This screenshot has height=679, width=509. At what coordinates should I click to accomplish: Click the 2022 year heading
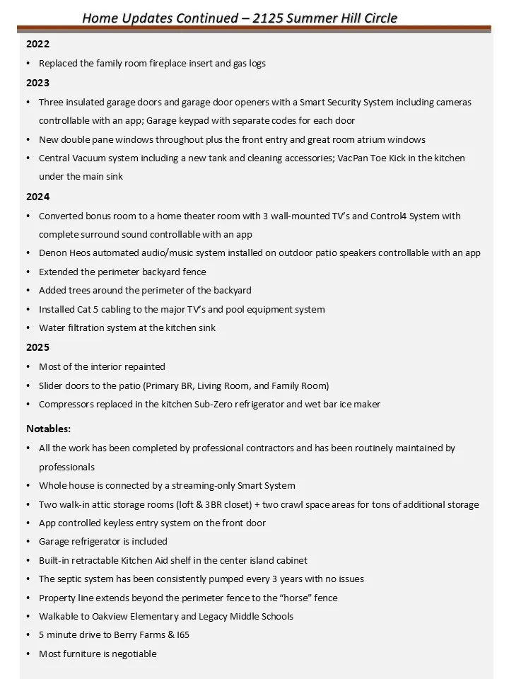(x=37, y=44)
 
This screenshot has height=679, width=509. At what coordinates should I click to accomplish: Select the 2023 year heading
(x=37, y=83)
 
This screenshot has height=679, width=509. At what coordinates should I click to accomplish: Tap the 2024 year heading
(x=37, y=197)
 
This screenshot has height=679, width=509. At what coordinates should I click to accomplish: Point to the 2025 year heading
(x=37, y=347)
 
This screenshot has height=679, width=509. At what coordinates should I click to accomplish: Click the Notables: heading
(x=48, y=429)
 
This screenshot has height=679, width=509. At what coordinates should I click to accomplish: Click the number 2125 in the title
(x=276, y=18)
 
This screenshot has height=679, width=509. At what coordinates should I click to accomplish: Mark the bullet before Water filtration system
(x=28, y=328)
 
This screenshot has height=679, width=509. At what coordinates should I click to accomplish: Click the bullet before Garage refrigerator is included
(x=28, y=542)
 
